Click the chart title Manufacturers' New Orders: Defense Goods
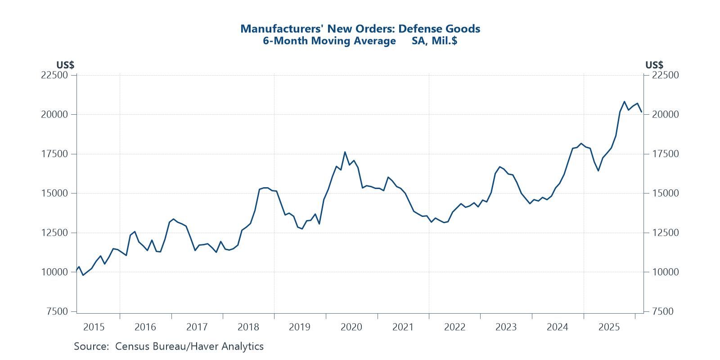360,29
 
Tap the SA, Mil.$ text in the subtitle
435,41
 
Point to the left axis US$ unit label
65,65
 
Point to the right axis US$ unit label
654,65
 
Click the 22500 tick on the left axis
54,75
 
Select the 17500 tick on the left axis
54,154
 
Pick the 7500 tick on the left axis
57,311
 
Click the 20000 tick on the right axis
665,114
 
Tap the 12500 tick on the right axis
665,233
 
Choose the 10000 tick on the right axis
665,272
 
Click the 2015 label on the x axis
94,327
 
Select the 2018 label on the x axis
248,327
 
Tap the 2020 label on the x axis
351,327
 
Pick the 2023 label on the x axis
506,327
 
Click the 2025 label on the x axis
609,327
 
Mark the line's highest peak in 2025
624,101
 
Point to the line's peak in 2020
345,152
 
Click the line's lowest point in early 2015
83,275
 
